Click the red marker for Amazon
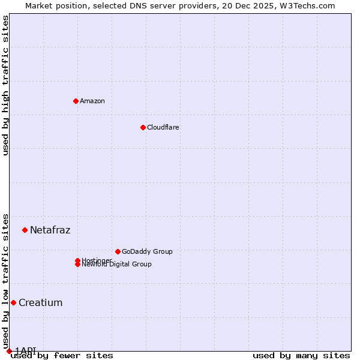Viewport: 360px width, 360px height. [76, 101]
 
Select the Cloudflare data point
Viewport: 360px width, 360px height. [143, 127]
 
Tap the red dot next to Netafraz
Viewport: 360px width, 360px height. [25, 230]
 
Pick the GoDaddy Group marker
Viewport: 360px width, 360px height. [118, 251]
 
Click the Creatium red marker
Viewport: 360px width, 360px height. [13, 302]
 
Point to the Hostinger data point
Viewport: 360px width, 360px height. [77, 260]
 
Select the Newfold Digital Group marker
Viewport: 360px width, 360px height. [77, 265]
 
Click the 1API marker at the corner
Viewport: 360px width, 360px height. [9, 351]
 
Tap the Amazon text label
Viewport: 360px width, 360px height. [92, 101]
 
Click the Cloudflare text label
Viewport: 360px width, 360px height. [163, 127]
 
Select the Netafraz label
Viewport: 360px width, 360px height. [50, 230]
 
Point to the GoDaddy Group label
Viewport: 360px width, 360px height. [147, 251]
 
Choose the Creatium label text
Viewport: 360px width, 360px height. [40, 302]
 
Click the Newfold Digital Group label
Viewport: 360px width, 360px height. [116, 265]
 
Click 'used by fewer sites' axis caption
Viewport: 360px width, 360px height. [62, 356]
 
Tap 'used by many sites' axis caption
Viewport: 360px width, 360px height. [301, 356]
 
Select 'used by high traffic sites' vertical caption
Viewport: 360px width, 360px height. [5, 85]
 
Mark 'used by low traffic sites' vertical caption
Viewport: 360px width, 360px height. [5, 281]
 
